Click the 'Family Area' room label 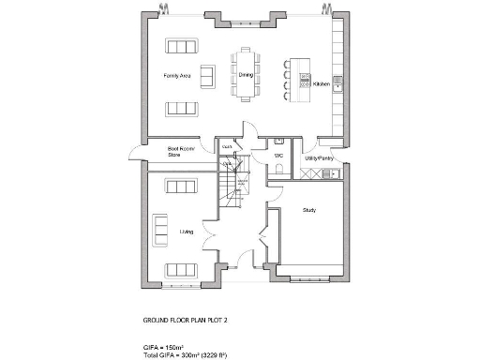coord(178,75)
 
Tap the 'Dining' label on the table coord(246,75)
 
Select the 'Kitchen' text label coord(322,83)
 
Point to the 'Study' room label coord(308,210)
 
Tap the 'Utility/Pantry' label coord(320,158)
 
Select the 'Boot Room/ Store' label coord(180,151)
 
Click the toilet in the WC coord(281,169)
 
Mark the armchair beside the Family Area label coord(208,76)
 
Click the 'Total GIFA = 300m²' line coord(198,355)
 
